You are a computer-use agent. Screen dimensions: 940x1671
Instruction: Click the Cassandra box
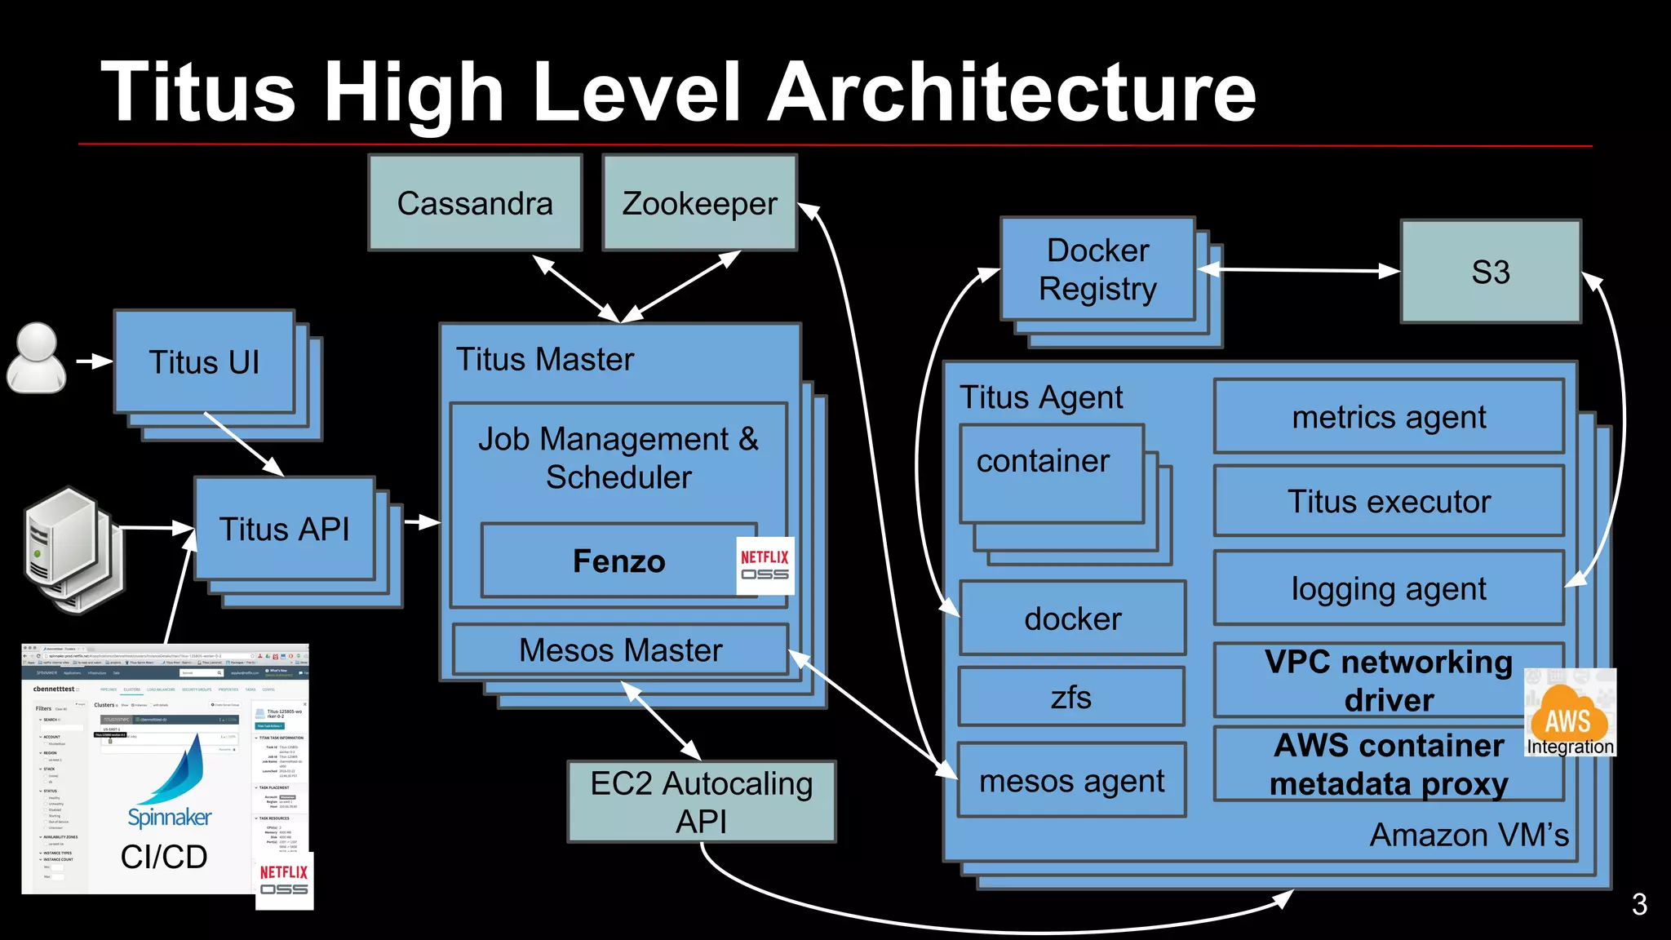pos(475,203)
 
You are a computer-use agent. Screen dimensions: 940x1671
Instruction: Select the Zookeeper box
pos(699,203)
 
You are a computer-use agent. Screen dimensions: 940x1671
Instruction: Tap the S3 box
pos(1491,272)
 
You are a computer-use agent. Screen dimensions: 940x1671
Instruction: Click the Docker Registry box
pos(1097,269)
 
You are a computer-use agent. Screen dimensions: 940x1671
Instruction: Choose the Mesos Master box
pos(620,650)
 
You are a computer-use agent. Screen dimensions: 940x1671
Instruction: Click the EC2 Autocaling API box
pos(702,801)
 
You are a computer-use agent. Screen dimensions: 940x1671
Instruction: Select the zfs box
pos(1071,697)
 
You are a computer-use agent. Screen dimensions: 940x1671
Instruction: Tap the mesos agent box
pos(1071,781)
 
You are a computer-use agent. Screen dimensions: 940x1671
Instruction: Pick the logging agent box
pos(1389,588)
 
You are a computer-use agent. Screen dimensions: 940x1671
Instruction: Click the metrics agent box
pos(1389,417)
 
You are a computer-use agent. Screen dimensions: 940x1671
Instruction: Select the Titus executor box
pos(1389,501)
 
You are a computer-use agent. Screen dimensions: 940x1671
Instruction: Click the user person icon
pos(37,359)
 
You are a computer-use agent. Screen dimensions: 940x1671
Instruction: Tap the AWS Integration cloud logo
pos(1568,713)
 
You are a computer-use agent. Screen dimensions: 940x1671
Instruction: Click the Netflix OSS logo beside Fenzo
pos(765,565)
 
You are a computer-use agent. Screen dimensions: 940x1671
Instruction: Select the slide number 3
pos(1639,904)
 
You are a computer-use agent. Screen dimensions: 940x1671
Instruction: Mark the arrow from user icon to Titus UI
pos(95,361)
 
